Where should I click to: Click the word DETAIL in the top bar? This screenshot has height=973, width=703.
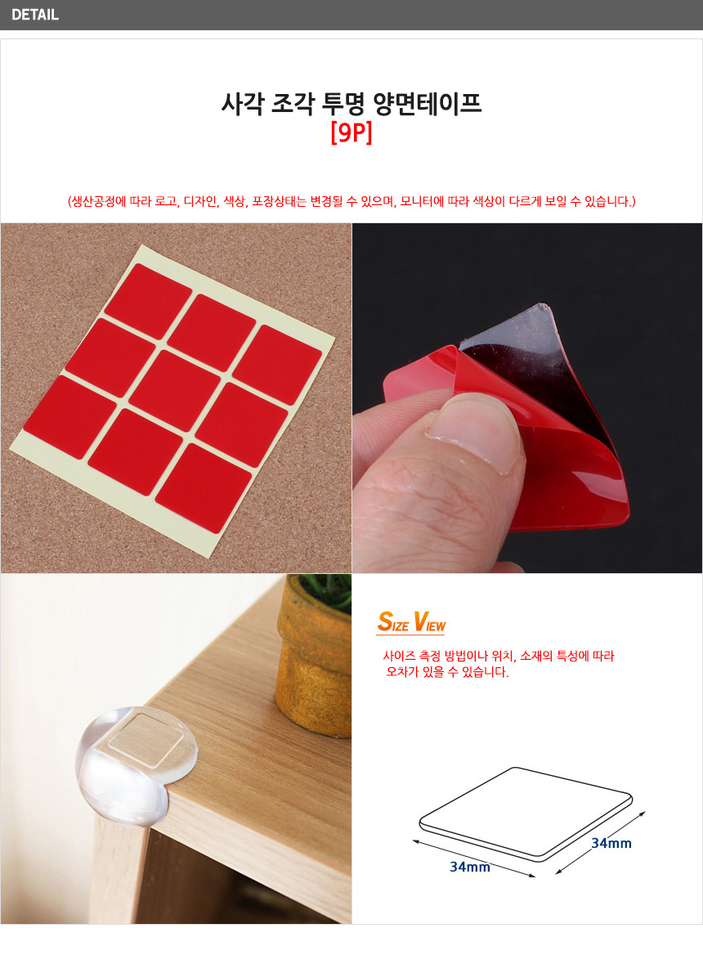tap(35, 15)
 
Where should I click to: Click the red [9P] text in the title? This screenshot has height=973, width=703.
tap(351, 132)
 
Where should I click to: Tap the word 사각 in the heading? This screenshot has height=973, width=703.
tap(244, 103)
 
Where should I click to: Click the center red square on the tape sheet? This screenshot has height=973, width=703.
tap(175, 391)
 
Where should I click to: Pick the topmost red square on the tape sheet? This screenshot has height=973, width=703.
tap(148, 292)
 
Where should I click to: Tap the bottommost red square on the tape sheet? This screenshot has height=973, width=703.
tap(204, 488)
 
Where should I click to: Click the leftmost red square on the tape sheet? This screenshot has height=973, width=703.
tap(70, 417)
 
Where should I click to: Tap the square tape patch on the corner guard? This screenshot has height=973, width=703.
tap(148, 740)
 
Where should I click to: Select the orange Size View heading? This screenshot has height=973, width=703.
tap(410, 621)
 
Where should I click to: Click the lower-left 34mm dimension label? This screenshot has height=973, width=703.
tap(470, 867)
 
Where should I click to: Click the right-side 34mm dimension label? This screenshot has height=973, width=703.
tap(611, 843)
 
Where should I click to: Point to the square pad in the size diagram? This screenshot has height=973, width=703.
tap(526, 814)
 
